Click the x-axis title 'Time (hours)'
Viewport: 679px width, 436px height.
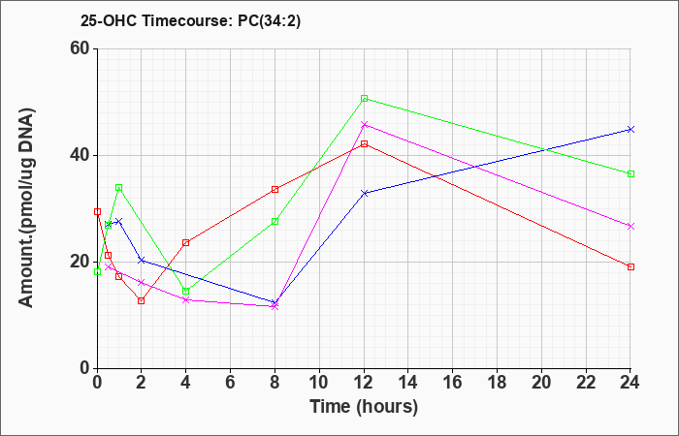click(364, 406)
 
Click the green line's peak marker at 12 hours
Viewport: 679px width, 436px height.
click(364, 98)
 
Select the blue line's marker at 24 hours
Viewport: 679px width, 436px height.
click(630, 129)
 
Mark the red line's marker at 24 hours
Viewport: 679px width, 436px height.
click(630, 266)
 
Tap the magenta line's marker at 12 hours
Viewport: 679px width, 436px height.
click(364, 124)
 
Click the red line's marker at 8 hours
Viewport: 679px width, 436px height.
click(275, 189)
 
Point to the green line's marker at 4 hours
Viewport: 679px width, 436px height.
click(185, 291)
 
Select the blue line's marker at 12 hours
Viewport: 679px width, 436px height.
click(364, 193)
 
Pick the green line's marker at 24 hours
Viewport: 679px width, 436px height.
click(630, 173)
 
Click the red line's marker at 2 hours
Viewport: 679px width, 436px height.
click(141, 300)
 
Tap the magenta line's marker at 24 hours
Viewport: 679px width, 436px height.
click(630, 226)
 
